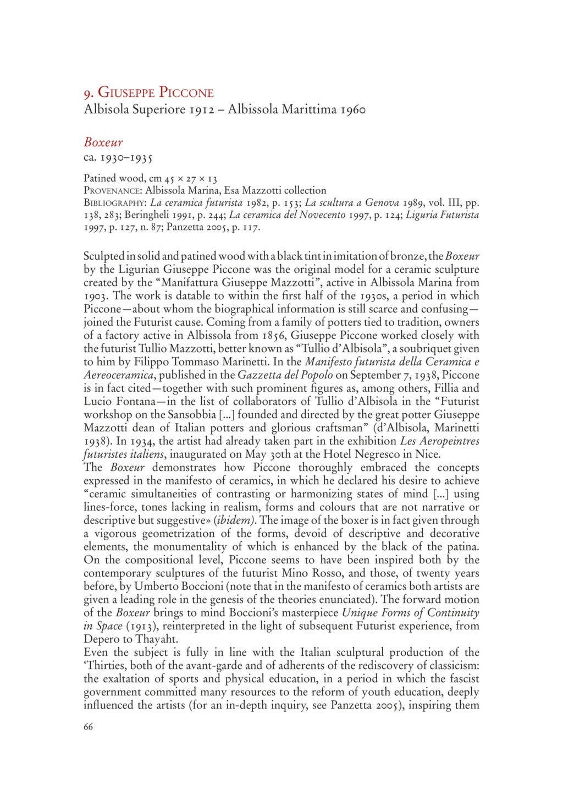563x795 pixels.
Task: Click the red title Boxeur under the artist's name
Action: click(x=103, y=142)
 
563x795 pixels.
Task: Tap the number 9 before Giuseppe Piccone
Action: click(x=87, y=93)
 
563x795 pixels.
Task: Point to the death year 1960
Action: click(x=353, y=109)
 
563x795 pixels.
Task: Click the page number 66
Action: click(x=89, y=727)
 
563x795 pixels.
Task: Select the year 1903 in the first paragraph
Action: click(x=96, y=296)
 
